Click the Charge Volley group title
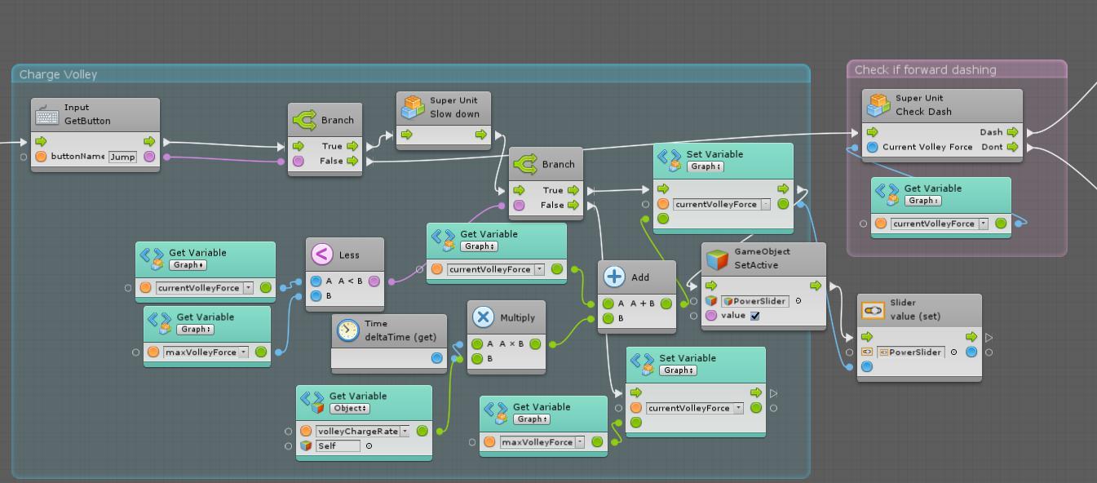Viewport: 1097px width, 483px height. point(58,74)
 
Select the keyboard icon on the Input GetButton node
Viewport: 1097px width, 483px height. point(47,114)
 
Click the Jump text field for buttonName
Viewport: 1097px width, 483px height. point(122,157)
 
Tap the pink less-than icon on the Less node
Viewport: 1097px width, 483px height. point(321,255)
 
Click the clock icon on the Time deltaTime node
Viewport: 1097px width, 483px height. point(347,330)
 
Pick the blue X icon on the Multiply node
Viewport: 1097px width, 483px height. point(483,317)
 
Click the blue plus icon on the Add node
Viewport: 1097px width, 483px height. point(614,277)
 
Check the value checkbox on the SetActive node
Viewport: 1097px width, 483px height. point(754,316)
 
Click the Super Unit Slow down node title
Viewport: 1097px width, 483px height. point(454,108)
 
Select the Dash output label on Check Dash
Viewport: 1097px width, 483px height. point(991,131)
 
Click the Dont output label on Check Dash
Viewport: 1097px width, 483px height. point(992,147)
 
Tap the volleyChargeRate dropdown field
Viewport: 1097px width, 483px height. point(362,431)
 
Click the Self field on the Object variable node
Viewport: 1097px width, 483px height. point(338,445)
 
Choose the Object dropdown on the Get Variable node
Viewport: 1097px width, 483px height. point(350,408)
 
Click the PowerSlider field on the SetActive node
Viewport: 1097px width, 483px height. point(758,301)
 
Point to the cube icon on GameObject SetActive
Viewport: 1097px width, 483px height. point(717,259)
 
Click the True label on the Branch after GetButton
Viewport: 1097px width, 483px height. point(332,146)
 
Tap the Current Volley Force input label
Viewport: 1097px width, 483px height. point(927,147)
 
